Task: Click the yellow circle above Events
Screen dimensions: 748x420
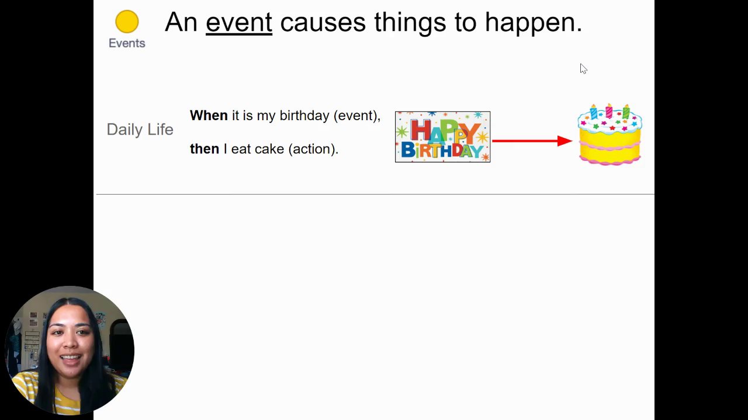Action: click(x=127, y=22)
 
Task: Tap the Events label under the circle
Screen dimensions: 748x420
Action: click(x=127, y=43)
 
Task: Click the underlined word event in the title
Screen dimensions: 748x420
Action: click(x=239, y=23)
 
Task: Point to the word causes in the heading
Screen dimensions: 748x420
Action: click(x=323, y=23)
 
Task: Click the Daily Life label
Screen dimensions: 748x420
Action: click(x=140, y=129)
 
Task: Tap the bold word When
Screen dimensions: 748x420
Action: click(x=209, y=116)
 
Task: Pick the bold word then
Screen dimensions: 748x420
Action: click(x=205, y=149)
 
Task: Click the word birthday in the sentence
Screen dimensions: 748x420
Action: click(x=304, y=116)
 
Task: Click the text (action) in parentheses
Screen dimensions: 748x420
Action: click(x=313, y=149)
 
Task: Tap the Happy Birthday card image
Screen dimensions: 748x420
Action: click(x=443, y=137)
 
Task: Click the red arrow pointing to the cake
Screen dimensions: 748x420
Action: click(x=532, y=141)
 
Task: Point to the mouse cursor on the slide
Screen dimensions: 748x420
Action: click(x=583, y=69)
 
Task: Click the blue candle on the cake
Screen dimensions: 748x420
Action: click(x=593, y=111)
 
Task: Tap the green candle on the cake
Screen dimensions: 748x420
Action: click(x=626, y=111)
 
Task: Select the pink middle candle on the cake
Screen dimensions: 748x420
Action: click(x=609, y=111)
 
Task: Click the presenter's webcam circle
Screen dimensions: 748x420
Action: click(x=70, y=351)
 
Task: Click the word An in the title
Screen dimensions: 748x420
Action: click(x=181, y=23)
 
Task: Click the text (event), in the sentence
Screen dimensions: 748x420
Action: click(x=357, y=116)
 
